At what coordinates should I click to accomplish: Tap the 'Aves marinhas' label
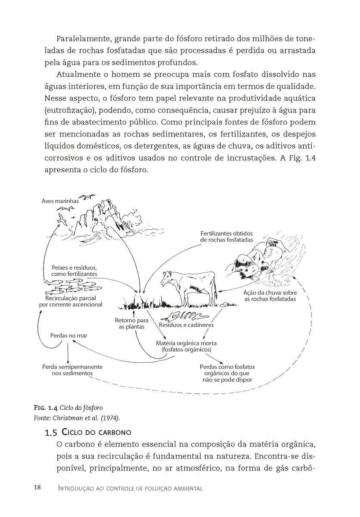60,201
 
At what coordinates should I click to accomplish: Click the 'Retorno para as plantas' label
131,324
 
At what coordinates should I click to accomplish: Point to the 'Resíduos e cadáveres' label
186,325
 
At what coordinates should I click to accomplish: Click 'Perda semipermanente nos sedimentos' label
72,370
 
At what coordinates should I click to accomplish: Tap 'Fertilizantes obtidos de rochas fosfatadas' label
227,237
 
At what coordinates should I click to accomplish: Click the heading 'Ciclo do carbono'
96,432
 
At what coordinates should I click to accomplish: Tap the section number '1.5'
51,432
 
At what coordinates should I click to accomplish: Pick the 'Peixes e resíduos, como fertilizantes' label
74,271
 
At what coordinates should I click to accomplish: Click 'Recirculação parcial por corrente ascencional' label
70,301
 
